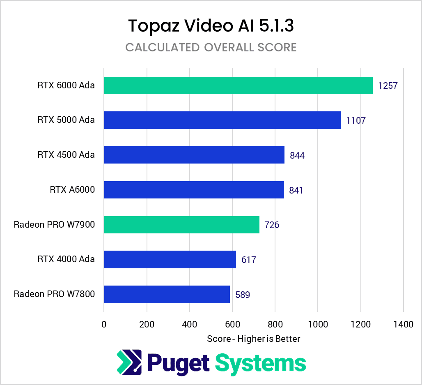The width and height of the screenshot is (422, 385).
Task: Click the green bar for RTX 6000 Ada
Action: (238, 85)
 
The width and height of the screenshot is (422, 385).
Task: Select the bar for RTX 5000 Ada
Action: (222, 120)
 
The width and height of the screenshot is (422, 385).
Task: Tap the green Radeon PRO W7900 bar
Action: (181, 224)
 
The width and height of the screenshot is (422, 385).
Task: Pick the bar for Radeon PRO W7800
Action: (167, 294)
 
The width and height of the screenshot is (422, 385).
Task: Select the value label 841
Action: (296, 190)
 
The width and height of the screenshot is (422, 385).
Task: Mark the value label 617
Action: (249, 260)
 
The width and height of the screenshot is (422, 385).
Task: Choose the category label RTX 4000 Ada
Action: (66, 259)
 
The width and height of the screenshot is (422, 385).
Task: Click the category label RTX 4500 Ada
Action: (66, 154)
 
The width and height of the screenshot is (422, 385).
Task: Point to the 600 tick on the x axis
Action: (232, 324)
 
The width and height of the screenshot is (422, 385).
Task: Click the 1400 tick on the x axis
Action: (403, 324)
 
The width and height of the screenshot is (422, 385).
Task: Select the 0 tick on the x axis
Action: (104, 324)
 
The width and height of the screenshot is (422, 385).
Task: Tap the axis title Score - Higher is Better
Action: (253, 339)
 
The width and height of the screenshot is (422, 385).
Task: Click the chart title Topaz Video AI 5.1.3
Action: (211, 25)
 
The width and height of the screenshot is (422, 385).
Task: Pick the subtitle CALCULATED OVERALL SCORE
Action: (211, 47)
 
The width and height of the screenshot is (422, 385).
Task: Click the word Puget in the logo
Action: (178, 362)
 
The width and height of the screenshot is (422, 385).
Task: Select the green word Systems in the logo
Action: (261, 362)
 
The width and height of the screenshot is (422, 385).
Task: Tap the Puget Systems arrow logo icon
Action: (129, 362)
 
